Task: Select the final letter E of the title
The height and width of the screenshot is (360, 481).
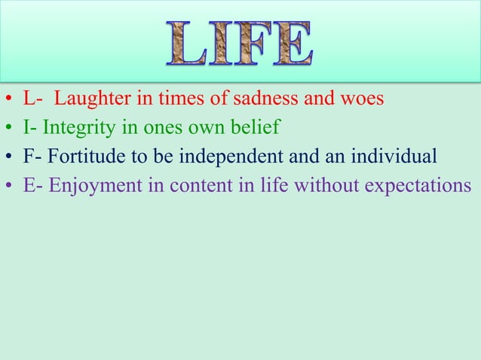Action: [x=293, y=44]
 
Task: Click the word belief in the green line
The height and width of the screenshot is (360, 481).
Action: [x=257, y=128]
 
